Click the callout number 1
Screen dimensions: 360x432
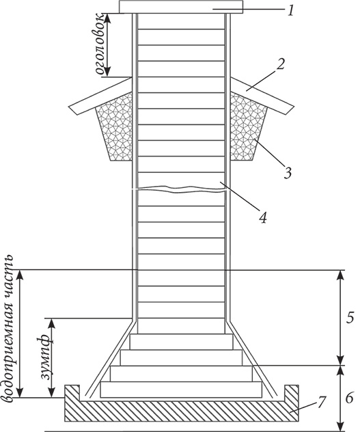(290, 10)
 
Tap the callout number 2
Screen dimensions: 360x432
(280, 65)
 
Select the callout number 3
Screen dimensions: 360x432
(287, 172)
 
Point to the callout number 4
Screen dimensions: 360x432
(263, 216)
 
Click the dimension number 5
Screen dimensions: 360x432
(349, 318)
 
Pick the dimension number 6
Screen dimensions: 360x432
(349, 398)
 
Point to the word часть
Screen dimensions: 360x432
(8, 280)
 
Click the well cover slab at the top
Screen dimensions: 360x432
(181, 7)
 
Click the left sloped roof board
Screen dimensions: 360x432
(100, 96)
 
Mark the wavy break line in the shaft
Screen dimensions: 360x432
(181, 189)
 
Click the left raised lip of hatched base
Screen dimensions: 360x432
(72, 392)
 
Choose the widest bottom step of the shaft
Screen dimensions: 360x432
(181, 390)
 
